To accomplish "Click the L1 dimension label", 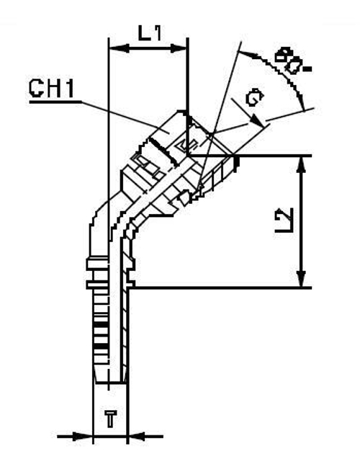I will pyautogui.click(x=148, y=32).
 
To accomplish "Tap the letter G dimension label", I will pyautogui.click(x=252, y=99).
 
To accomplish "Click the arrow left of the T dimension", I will pyautogui.click(x=86, y=436).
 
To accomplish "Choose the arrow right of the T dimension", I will pyautogui.click(x=136, y=436).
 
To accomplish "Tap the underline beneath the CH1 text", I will pyautogui.click(x=53, y=102).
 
